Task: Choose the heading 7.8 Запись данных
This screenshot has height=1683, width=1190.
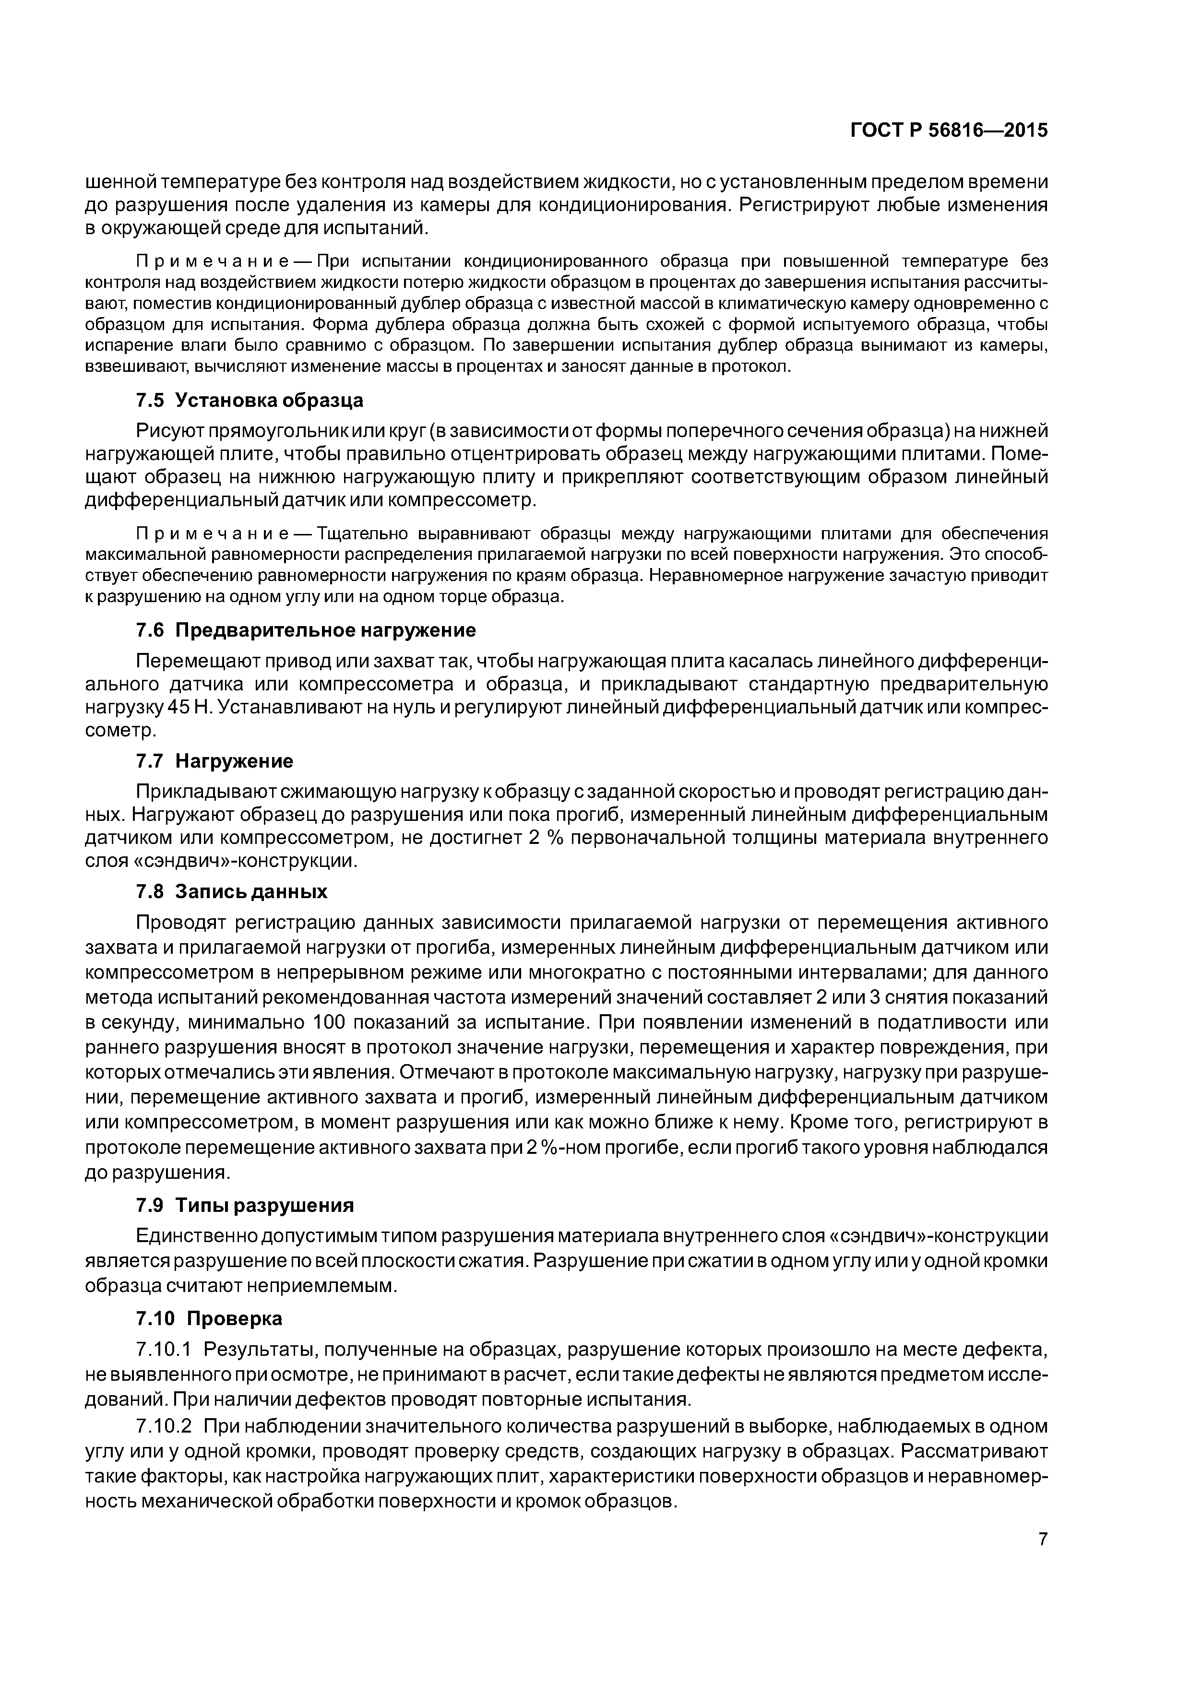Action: click(x=232, y=891)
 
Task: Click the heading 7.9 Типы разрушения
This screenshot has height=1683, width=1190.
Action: click(x=245, y=1205)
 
